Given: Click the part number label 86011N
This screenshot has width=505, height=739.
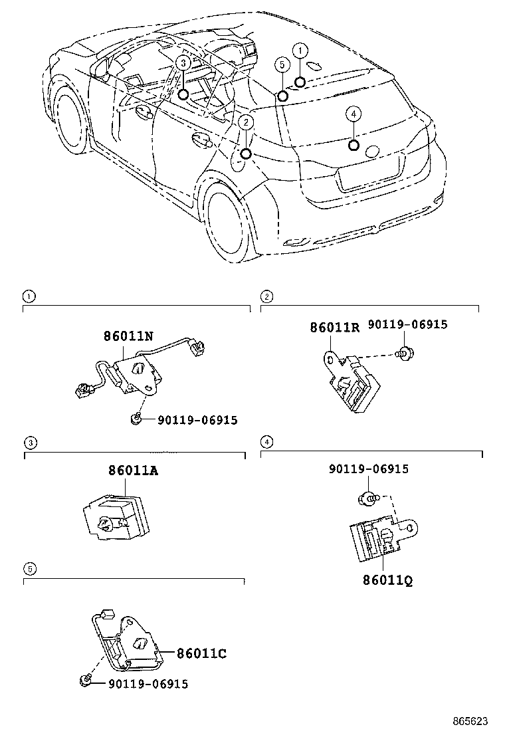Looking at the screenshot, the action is (129, 336).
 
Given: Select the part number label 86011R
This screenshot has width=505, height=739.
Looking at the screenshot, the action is (334, 327).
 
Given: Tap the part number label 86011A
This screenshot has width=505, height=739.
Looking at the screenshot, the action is (134, 471).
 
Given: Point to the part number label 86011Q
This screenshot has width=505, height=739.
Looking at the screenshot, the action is (387, 580).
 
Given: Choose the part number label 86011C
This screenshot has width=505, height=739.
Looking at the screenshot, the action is (201, 653).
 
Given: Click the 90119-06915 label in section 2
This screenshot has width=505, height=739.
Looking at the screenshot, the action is (407, 324).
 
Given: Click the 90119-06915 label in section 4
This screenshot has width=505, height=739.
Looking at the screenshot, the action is (369, 469).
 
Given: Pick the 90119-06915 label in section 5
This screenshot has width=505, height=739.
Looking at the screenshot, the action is (148, 683).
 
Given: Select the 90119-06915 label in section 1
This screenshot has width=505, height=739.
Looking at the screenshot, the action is (197, 419).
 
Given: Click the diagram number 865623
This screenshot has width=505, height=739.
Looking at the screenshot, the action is (470, 721).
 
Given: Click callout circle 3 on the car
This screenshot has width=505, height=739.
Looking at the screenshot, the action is (183, 62).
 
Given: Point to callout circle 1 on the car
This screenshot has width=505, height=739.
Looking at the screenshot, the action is (300, 51).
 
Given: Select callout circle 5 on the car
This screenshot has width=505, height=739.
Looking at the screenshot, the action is (282, 65).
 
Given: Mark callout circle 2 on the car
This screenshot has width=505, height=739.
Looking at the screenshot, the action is (246, 122).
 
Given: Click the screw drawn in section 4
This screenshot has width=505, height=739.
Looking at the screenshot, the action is (367, 497).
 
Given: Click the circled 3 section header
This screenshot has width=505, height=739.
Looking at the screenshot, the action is (29, 443).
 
